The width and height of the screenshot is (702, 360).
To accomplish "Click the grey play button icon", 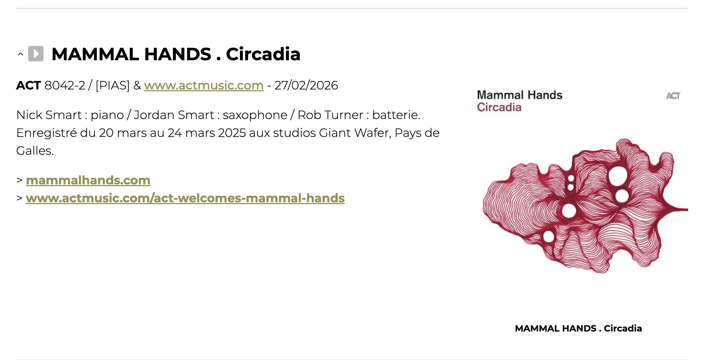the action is tap(36, 54).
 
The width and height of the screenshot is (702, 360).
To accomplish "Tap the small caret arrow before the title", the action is tap(20, 54).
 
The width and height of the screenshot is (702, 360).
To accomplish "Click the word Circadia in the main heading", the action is tap(263, 54).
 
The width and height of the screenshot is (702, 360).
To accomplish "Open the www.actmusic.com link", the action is tap(204, 85).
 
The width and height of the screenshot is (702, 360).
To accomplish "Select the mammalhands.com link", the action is tap(88, 180).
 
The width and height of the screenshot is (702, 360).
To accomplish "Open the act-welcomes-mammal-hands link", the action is tap(185, 198).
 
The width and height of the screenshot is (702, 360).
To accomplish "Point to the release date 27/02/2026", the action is tap(306, 85).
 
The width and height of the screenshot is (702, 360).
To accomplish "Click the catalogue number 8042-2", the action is tap(65, 85).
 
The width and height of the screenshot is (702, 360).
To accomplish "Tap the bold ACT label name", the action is tap(28, 85).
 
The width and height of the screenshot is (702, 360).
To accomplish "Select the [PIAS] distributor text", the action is tap(112, 85).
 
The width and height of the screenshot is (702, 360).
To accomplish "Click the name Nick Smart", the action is tap(49, 115).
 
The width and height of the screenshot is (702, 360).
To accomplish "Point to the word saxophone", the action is tap(255, 115).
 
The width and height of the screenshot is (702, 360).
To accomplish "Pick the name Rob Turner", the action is tap(330, 115).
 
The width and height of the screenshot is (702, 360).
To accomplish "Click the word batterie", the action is tap(396, 115).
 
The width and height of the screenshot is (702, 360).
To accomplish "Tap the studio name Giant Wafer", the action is tap(354, 133).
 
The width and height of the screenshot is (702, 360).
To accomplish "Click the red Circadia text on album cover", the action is tap(499, 107).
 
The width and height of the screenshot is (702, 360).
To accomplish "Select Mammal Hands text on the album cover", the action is tap(519, 95).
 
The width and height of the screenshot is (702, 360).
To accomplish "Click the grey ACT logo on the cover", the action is tap(673, 96).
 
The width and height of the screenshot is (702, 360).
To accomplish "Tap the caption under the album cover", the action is tap(578, 328).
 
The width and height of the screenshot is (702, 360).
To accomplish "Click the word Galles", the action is tap(35, 150).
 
